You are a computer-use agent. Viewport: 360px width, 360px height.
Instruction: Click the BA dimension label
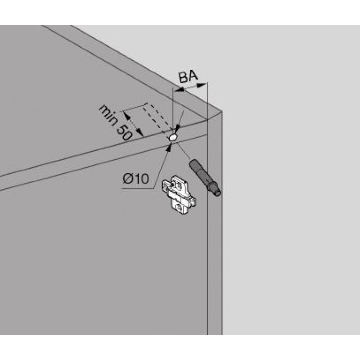point(188,76)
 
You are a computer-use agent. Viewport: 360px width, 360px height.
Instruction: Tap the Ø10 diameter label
point(136,178)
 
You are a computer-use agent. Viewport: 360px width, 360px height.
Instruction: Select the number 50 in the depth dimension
point(124,133)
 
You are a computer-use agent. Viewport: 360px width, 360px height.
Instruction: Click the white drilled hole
point(173,138)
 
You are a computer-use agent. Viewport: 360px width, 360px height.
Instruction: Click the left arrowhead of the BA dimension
point(179,90)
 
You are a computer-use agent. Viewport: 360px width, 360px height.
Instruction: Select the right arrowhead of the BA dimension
point(202,85)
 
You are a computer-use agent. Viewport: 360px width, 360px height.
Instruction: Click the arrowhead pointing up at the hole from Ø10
point(170,147)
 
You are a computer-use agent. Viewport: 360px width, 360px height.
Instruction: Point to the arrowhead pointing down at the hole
point(178,129)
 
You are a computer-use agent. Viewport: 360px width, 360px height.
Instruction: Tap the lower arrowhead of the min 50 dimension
point(139,132)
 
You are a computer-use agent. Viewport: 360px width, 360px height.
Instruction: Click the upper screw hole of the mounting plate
point(178,184)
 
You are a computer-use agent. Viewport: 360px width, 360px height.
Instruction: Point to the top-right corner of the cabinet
point(221,111)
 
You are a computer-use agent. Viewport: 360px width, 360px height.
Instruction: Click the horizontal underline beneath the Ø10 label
point(138,189)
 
